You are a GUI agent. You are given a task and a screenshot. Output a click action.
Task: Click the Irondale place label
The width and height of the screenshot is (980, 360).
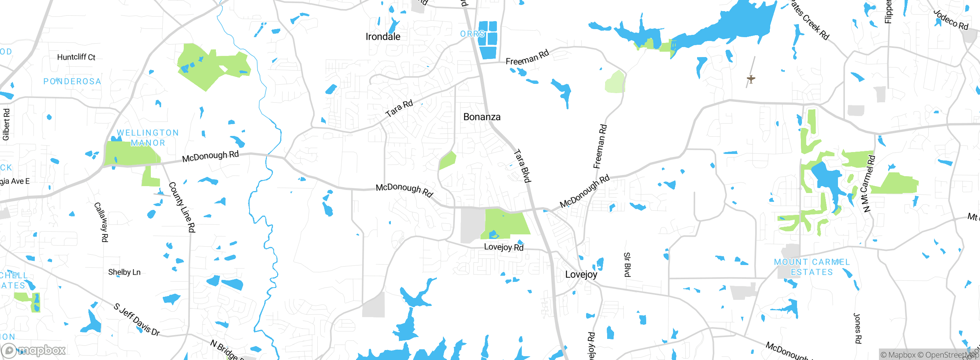click(383, 37)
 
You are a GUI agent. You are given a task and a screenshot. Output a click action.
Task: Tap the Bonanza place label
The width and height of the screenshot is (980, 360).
click(482, 117)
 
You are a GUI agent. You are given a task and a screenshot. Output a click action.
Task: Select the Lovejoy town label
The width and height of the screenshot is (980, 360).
click(581, 274)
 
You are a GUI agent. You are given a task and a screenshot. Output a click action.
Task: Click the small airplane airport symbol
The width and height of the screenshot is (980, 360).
click(751, 79)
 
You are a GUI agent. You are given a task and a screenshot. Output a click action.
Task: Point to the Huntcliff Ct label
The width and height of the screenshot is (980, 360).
click(76, 57)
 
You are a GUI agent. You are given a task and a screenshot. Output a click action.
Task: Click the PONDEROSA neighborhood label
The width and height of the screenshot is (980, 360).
click(72, 81)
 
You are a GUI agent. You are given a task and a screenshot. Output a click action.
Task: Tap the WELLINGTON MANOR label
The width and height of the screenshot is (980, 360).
click(148, 137)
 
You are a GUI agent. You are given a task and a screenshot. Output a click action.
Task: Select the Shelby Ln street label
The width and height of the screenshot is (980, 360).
click(124, 272)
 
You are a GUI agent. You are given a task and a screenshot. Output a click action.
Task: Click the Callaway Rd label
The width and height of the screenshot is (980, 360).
click(101, 222)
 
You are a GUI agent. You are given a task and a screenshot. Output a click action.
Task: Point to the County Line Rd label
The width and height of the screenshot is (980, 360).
click(182, 207)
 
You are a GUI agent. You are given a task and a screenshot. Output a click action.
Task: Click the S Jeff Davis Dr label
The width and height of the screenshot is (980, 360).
click(137, 319)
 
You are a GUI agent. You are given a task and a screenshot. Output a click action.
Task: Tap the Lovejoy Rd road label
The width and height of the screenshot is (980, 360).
click(503, 247)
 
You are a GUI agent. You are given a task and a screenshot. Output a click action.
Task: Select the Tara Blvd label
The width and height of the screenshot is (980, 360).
click(522, 166)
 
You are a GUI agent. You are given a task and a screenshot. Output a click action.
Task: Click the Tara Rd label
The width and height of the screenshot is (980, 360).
click(399, 108)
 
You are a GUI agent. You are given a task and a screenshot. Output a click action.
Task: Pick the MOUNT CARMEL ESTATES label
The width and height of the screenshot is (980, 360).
click(812, 267)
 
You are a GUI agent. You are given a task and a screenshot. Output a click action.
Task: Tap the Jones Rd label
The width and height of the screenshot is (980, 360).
click(857, 329)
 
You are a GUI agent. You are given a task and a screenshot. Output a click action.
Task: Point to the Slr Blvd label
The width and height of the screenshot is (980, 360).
click(627, 264)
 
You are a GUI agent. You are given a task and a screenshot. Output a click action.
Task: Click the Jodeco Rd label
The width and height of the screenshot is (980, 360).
click(951, 20)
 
